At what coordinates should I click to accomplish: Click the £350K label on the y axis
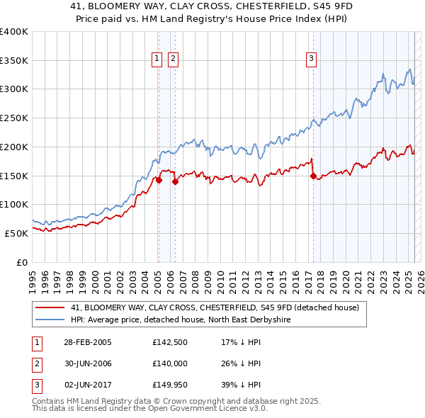click(x=13, y=61)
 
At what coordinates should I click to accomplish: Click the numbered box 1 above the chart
click(x=157, y=59)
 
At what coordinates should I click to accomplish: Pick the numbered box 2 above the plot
click(x=173, y=59)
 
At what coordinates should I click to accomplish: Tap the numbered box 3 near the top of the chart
click(x=311, y=59)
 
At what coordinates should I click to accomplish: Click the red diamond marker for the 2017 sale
click(x=312, y=176)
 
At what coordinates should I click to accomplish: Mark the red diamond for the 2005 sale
click(x=159, y=180)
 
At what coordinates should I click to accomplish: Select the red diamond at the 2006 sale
click(x=175, y=181)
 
